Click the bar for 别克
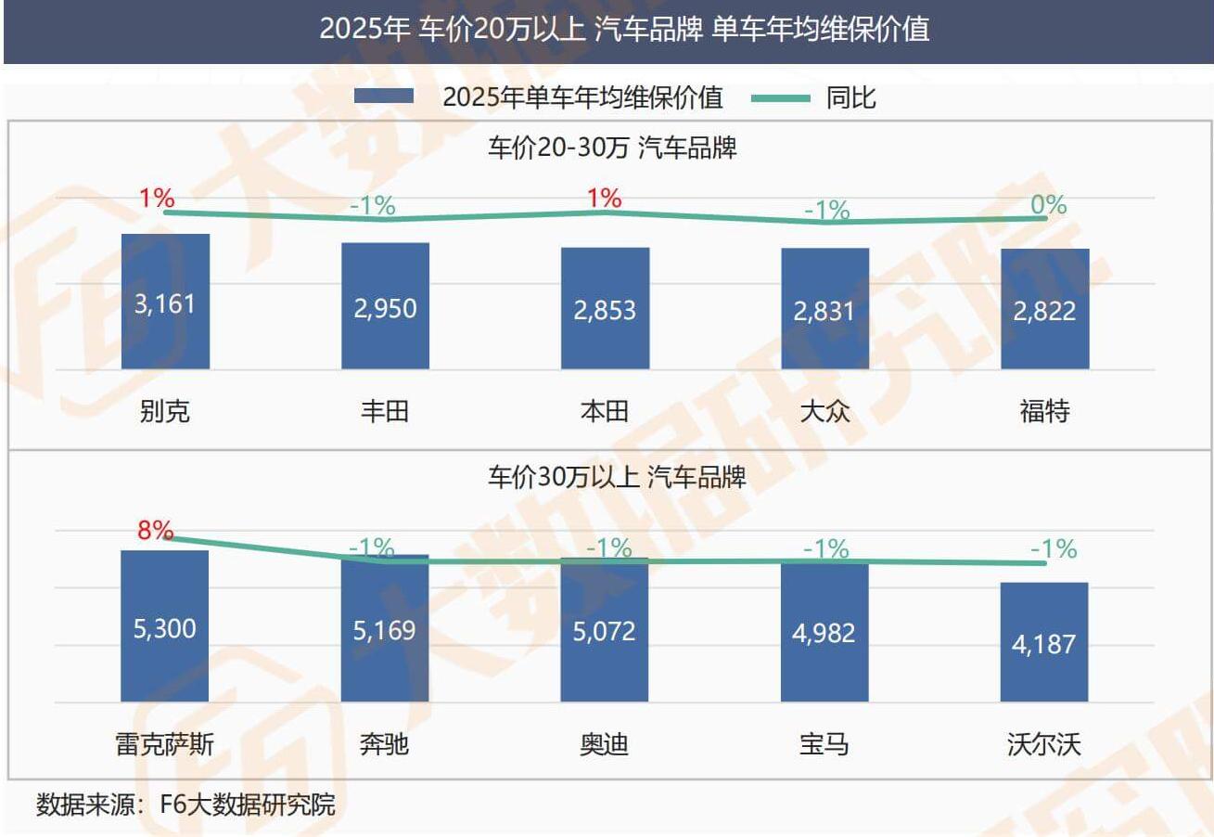point(165,302)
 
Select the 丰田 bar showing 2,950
point(385,306)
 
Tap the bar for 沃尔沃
point(1043,642)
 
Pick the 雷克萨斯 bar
point(165,626)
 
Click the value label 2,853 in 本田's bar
point(605,309)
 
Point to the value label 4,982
point(824,632)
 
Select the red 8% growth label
point(156,530)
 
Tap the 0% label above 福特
point(1049,205)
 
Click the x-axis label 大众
point(824,410)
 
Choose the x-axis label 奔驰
point(384,743)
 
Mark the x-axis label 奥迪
point(604,743)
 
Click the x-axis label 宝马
point(824,743)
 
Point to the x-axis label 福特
point(1044,410)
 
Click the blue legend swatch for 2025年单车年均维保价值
point(384,97)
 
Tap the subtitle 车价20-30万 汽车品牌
point(612,148)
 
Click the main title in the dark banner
point(624,30)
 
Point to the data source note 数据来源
point(185,804)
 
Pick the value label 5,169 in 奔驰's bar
point(384,630)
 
